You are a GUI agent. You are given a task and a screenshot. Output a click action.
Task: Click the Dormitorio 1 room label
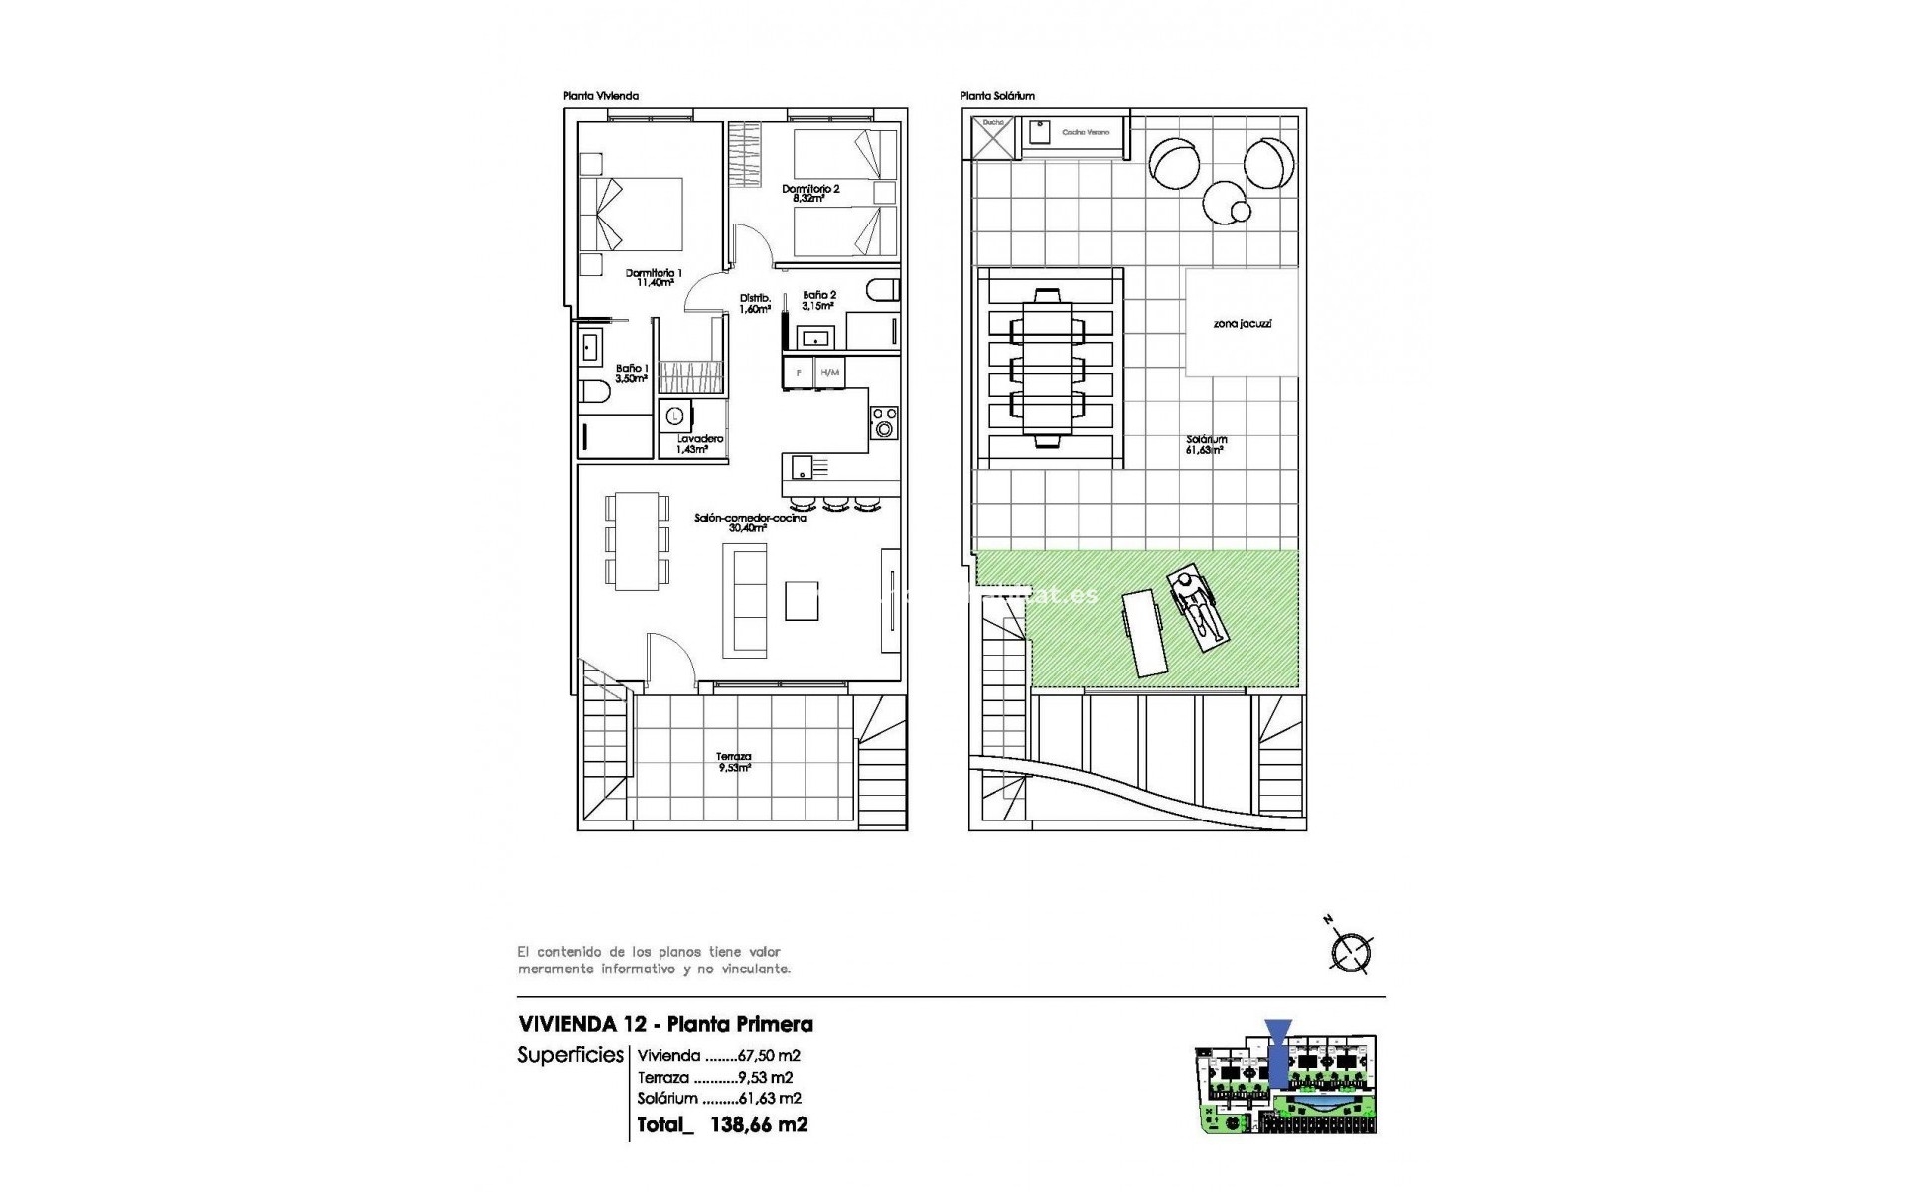click(x=654, y=277)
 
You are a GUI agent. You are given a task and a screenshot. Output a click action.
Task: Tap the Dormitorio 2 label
click(x=810, y=193)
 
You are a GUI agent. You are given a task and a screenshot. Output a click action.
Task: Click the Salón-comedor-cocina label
click(x=749, y=522)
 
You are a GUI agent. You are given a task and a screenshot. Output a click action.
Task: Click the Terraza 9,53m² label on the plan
click(x=733, y=761)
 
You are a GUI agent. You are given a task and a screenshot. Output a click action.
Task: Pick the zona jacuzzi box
click(x=1242, y=323)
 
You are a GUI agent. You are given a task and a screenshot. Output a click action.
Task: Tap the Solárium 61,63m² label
click(x=1206, y=444)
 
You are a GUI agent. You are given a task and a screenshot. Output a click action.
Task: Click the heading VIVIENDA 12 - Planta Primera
click(x=665, y=1024)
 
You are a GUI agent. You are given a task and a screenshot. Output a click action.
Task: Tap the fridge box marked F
click(x=799, y=372)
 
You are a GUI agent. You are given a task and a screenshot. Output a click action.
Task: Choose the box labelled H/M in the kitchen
click(x=830, y=372)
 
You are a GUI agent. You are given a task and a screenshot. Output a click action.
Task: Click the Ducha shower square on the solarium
click(x=994, y=137)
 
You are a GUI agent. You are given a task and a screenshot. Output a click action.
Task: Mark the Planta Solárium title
click(x=997, y=96)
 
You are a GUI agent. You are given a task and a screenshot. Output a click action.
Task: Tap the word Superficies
click(x=570, y=1055)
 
